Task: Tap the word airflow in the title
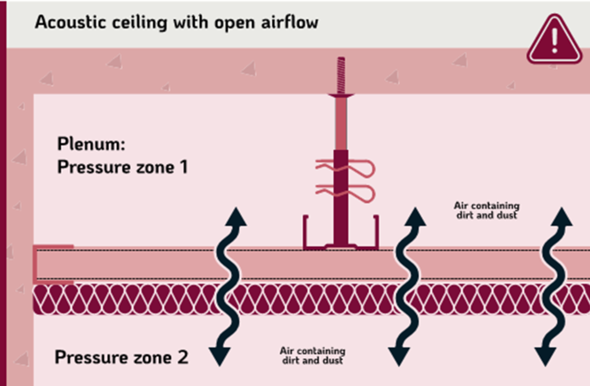coord(289,22)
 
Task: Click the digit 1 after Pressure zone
coord(184,167)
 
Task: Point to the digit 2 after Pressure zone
coord(183,357)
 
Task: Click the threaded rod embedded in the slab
coord(341,75)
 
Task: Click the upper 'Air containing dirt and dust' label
coord(487,210)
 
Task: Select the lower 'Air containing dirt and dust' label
coord(313,355)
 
